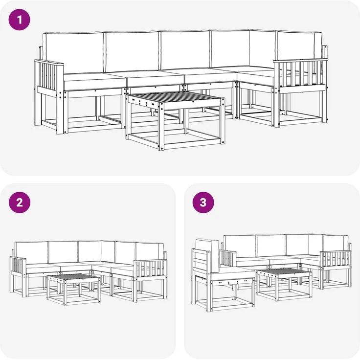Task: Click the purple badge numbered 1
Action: [x=20, y=20]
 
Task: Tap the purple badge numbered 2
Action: [x=20, y=203]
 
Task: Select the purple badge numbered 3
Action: [x=203, y=203]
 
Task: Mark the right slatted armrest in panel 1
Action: [x=299, y=74]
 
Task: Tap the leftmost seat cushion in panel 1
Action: [x=90, y=81]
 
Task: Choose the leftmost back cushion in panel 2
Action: [x=31, y=252]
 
